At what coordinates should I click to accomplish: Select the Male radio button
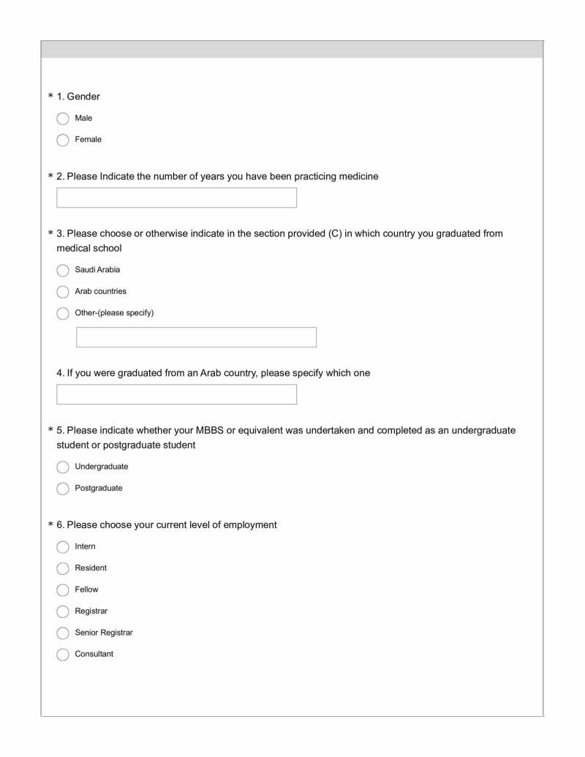[x=62, y=118]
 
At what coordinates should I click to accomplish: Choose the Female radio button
[x=62, y=139]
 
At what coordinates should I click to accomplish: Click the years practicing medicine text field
[x=176, y=197]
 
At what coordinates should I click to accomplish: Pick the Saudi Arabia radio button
[x=62, y=270]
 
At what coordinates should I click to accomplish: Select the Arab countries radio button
[x=62, y=291]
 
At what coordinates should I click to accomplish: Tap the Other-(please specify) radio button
[x=62, y=313]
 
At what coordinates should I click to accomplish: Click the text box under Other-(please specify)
[x=196, y=337]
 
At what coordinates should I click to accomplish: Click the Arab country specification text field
[x=176, y=395]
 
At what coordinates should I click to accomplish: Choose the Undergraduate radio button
[x=62, y=467]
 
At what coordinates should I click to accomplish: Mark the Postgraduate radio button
[x=62, y=489]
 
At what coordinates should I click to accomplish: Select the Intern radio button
[x=62, y=546]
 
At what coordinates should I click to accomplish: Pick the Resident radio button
[x=62, y=568]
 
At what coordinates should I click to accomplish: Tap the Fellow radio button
[x=62, y=589]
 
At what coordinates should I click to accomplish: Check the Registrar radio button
[x=62, y=611]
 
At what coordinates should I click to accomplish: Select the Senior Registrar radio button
[x=62, y=632]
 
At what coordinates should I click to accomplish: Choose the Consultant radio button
[x=62, y=654]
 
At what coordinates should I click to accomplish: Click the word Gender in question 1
[x=83, y=97]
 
